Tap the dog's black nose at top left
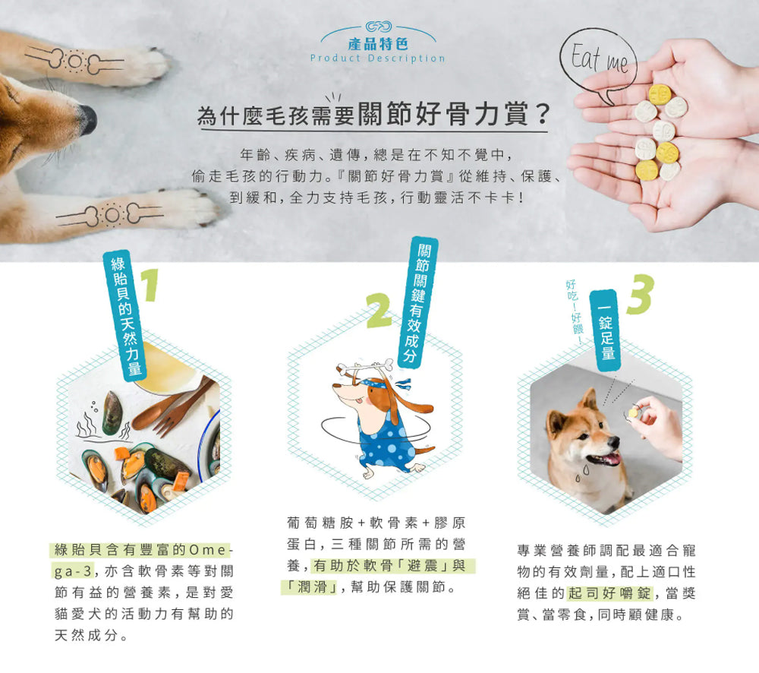(x=88, y=119)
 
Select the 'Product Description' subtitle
(x=378, y=58)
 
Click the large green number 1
(x=151, y=287)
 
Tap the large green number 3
(x=639, y=294)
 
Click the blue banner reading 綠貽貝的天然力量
(x=127, y=316)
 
